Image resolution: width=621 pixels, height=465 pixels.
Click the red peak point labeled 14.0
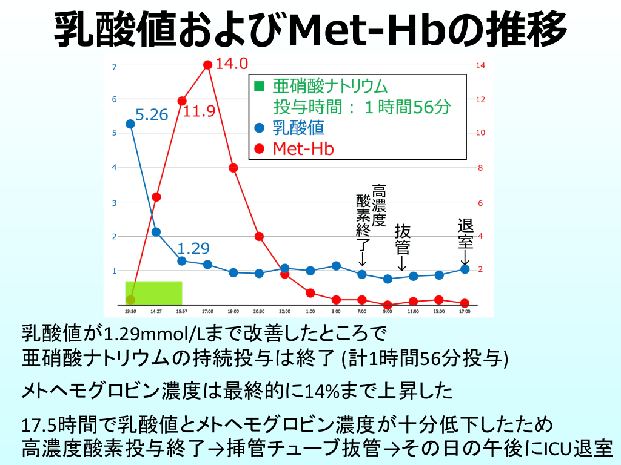(207, 65)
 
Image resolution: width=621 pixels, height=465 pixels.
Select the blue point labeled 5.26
(130, 124)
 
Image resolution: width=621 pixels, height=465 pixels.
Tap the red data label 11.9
(199, 111)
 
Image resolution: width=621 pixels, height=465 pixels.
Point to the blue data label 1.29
(193, 248)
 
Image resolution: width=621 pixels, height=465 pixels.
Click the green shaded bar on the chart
(153, 293)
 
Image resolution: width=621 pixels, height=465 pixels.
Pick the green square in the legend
(259, 86)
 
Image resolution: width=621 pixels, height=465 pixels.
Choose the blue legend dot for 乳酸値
(259, 128)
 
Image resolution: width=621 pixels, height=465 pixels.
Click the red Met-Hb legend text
(303, 149)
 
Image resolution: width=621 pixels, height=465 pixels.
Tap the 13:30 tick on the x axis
(130, 312)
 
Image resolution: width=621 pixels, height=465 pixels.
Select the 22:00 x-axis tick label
(284, 312)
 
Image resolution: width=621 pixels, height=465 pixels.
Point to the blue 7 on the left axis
(115, 67)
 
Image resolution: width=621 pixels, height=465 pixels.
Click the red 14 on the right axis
(480, 65)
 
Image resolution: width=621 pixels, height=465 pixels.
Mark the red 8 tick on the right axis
(480, 168)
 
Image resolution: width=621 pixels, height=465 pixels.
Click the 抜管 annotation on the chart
(403, 240)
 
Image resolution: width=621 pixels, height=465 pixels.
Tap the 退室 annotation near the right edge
(465, 234)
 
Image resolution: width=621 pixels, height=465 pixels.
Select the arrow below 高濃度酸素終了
(362, 257)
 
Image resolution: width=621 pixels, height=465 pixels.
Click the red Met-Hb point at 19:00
(233, 168)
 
